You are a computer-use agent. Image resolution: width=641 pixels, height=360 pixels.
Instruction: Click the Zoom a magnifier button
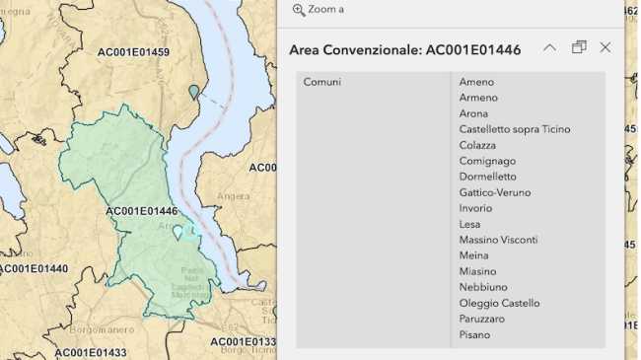point(299,10)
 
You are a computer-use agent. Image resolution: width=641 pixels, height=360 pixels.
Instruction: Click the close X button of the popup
point(605,47)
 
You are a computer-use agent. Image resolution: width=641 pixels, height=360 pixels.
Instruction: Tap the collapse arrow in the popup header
point(550,47)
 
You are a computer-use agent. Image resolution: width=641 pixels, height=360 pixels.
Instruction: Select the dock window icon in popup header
point(579,47)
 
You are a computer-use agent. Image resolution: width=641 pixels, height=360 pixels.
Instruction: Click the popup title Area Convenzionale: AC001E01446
point(404,49)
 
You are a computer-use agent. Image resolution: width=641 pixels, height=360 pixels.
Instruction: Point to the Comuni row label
point(322,82)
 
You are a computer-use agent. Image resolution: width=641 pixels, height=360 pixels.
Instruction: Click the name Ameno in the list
point(476,82)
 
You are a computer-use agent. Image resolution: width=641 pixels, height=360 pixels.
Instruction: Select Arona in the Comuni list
point(473,113)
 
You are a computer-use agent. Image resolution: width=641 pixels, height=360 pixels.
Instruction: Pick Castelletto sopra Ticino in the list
point(514,129)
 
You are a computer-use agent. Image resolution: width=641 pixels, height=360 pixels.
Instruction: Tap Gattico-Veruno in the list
point(495,192)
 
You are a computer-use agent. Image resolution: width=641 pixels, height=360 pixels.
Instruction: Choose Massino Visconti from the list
point(498,240)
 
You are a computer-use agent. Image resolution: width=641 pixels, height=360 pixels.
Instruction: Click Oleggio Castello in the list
point(499,303)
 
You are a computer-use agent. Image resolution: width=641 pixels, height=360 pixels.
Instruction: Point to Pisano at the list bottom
point(474,334)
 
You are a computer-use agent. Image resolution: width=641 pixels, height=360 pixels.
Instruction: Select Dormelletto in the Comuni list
point(487,177)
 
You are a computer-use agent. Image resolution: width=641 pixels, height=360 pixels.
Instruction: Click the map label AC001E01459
point(133,52)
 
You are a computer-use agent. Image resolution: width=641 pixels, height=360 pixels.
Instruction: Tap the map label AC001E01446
point(141,211)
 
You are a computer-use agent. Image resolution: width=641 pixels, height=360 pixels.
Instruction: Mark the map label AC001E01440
point(35,268)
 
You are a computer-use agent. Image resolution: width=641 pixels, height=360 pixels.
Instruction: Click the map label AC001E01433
point(91,353)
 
